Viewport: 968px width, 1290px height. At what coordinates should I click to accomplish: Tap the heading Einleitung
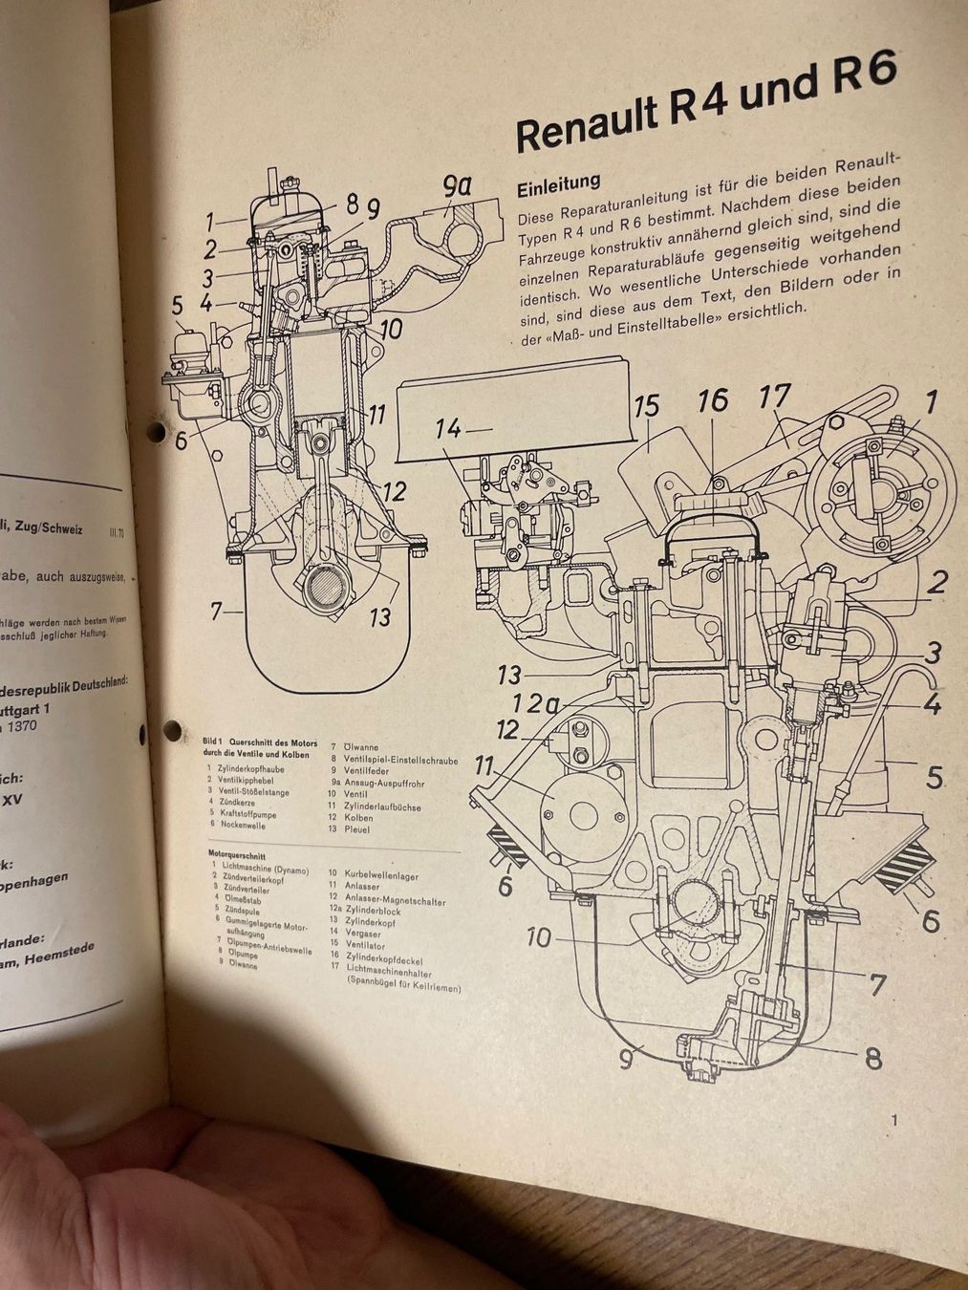point(558,183)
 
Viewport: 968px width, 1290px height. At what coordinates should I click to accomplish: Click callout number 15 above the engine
point(646,405)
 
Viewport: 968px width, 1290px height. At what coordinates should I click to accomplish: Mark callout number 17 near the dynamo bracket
point(777,397)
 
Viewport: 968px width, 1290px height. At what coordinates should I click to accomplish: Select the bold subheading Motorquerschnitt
point(236,855)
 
